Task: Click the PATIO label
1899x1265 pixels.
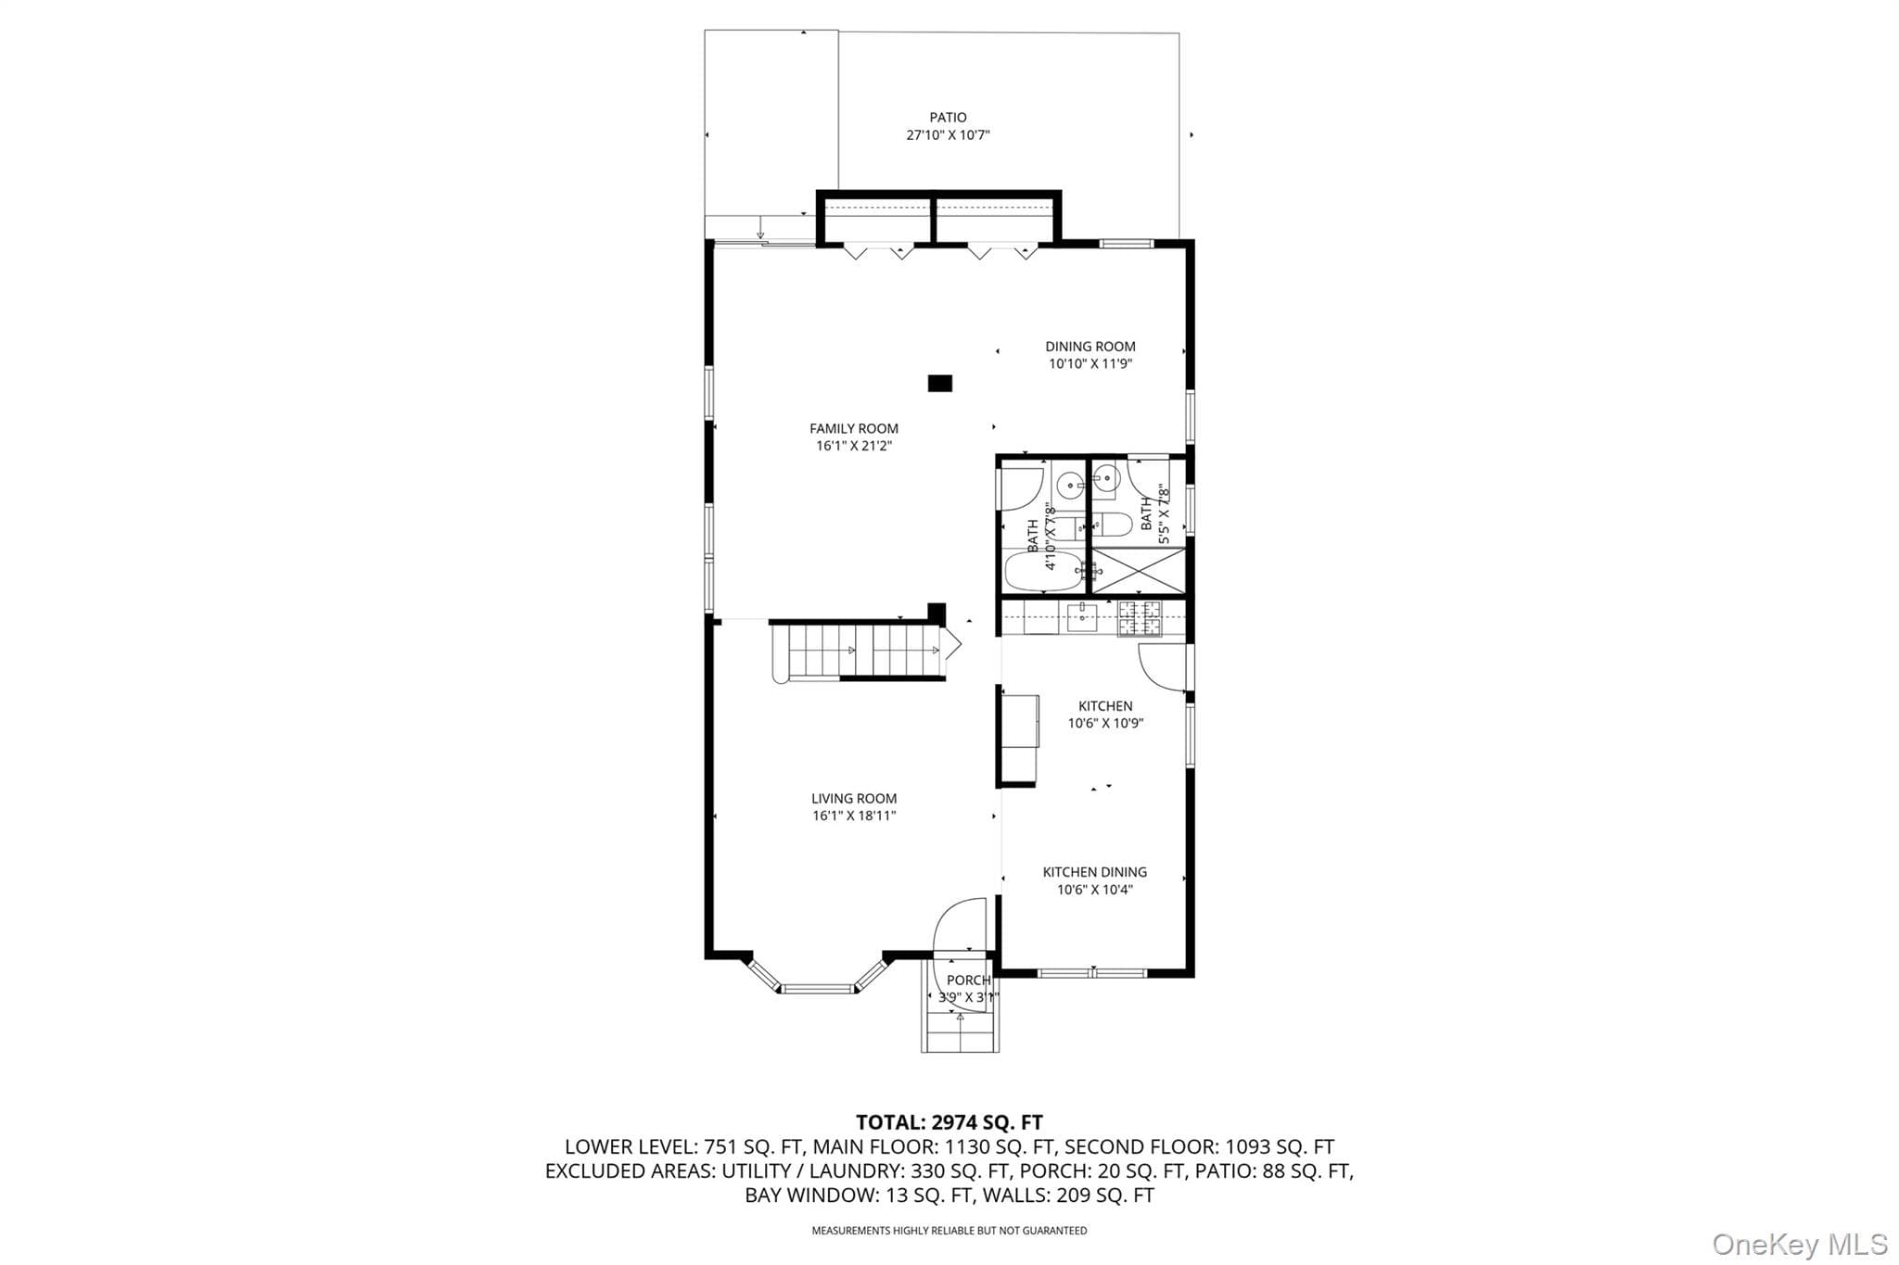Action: point(948,118)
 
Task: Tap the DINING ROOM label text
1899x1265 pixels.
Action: point(1090,347)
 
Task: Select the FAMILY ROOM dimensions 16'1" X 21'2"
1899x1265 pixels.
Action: point(853,446)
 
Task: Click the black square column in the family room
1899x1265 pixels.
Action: point(940,383)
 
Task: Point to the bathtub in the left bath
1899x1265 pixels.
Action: point(1042,570)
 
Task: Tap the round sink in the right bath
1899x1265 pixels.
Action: point(1105,479)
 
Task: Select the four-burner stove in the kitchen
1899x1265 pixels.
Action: point(1139,618)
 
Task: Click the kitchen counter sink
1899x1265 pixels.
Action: point(1081,618)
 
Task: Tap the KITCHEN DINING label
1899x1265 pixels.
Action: point(1094,872)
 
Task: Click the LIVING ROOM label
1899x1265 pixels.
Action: point(854,799)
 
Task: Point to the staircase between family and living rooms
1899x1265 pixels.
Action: point(858,651)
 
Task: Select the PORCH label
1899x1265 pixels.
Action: point(968,980)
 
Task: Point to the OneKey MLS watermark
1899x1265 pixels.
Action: point(1800,1243)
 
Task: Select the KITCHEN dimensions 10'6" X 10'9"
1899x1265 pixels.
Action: point(1105,724)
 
